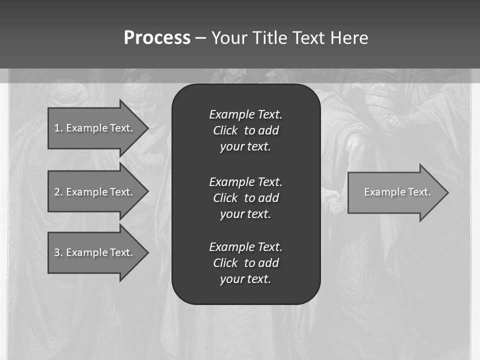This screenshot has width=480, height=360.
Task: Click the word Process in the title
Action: click(x=157, y=38)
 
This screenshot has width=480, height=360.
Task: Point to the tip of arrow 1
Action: click(x=147, y=128)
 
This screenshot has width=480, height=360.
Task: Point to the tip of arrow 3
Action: click(x=147, y=252)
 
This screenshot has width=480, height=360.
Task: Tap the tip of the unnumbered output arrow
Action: click(x=447, y=192)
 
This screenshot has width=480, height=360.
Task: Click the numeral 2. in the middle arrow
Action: click(x=58, y=192)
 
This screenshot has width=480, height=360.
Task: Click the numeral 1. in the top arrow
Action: click(x=58, y=128)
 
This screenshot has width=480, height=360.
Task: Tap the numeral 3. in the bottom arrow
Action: click(x=58, y=252)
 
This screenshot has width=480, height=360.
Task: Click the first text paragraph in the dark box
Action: click(x=245, y=130)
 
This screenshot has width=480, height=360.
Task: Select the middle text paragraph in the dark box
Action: click(x=245, y=197)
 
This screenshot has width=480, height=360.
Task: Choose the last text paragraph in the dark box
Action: click(x=245, y=263)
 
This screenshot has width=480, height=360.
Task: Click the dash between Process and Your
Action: click(x=200, y=38)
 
